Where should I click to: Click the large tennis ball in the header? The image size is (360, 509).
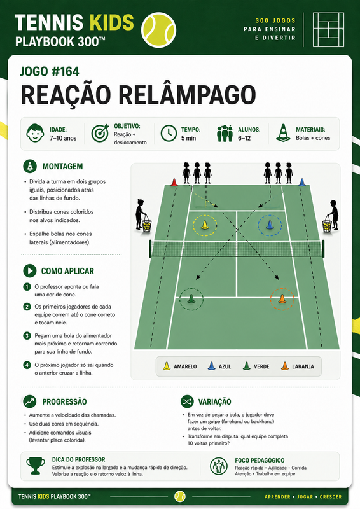click(x=158, y=30)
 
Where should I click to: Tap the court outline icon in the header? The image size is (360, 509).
click(x=328, y=30)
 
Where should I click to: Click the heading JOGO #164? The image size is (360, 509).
click(x=50, y=71)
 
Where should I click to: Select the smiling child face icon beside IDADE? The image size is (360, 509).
click(x=35, y=133)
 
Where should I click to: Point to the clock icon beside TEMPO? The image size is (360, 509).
click(x=169, y=134)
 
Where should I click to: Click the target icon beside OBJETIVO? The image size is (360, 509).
click(x=100, y=133)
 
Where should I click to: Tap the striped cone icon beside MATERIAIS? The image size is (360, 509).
click(x=283, y=133)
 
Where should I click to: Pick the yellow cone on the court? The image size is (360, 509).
click(x=205, y=225)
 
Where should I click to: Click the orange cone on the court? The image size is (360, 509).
click(x=282, y=298)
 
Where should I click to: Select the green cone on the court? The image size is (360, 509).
click(x=191, y=298)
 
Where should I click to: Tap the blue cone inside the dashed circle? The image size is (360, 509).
click(x=270, y=225)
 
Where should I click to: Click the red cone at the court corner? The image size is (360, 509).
click(x=174, y=183)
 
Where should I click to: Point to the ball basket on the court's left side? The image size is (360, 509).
click(x=147, y=225)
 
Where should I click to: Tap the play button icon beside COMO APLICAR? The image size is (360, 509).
click(x=30, y=271)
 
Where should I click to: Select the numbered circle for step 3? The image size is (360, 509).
click(x=27, y=336)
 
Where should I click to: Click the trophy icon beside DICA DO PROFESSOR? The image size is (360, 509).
click(x=36, y=466)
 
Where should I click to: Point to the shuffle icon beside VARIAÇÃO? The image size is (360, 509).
click(x=187, y=401)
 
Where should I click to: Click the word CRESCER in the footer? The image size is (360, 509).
click(x=331, y=497)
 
